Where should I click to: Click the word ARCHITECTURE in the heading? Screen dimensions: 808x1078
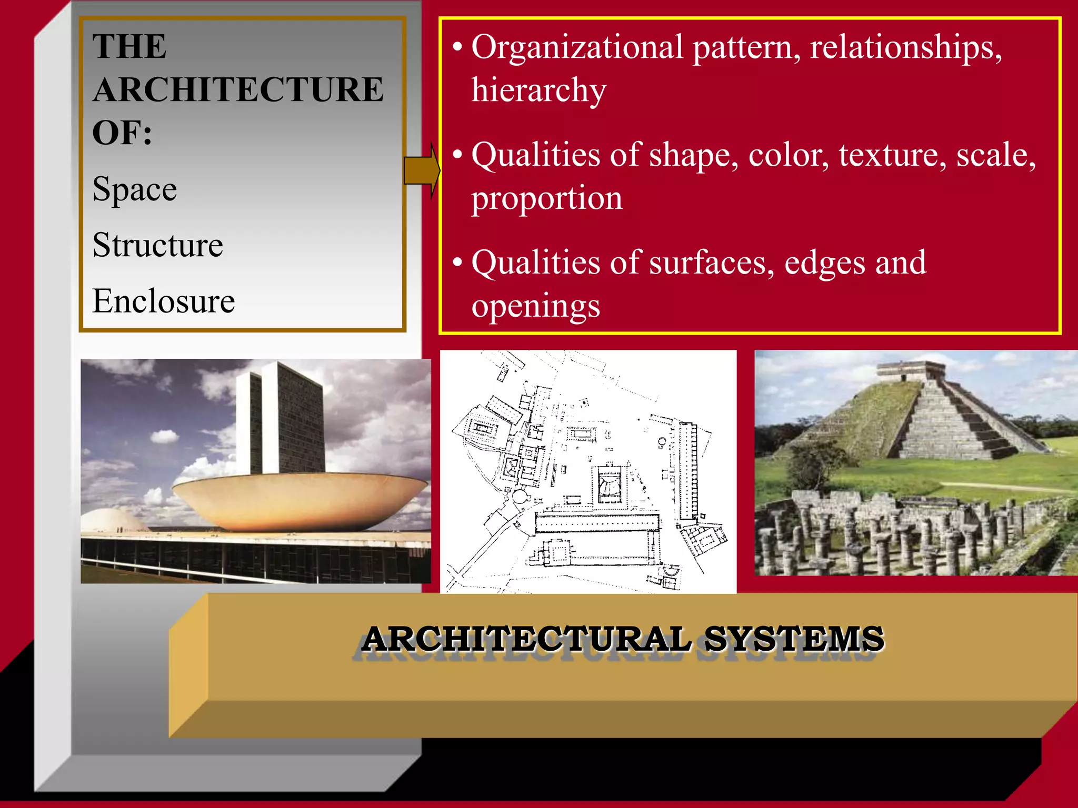[238, 89]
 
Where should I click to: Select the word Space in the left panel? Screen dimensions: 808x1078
[135, 189]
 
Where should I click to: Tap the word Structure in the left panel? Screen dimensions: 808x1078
[158, 245]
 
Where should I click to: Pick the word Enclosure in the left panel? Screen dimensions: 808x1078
[164, 301]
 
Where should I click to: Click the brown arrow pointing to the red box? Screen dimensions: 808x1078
[421, 170]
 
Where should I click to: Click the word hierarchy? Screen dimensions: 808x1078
[538, 90]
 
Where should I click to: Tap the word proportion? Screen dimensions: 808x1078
[546, 199]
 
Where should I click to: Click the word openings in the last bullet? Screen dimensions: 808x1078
[535, 306]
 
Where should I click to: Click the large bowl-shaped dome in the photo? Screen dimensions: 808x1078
[300, 500]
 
